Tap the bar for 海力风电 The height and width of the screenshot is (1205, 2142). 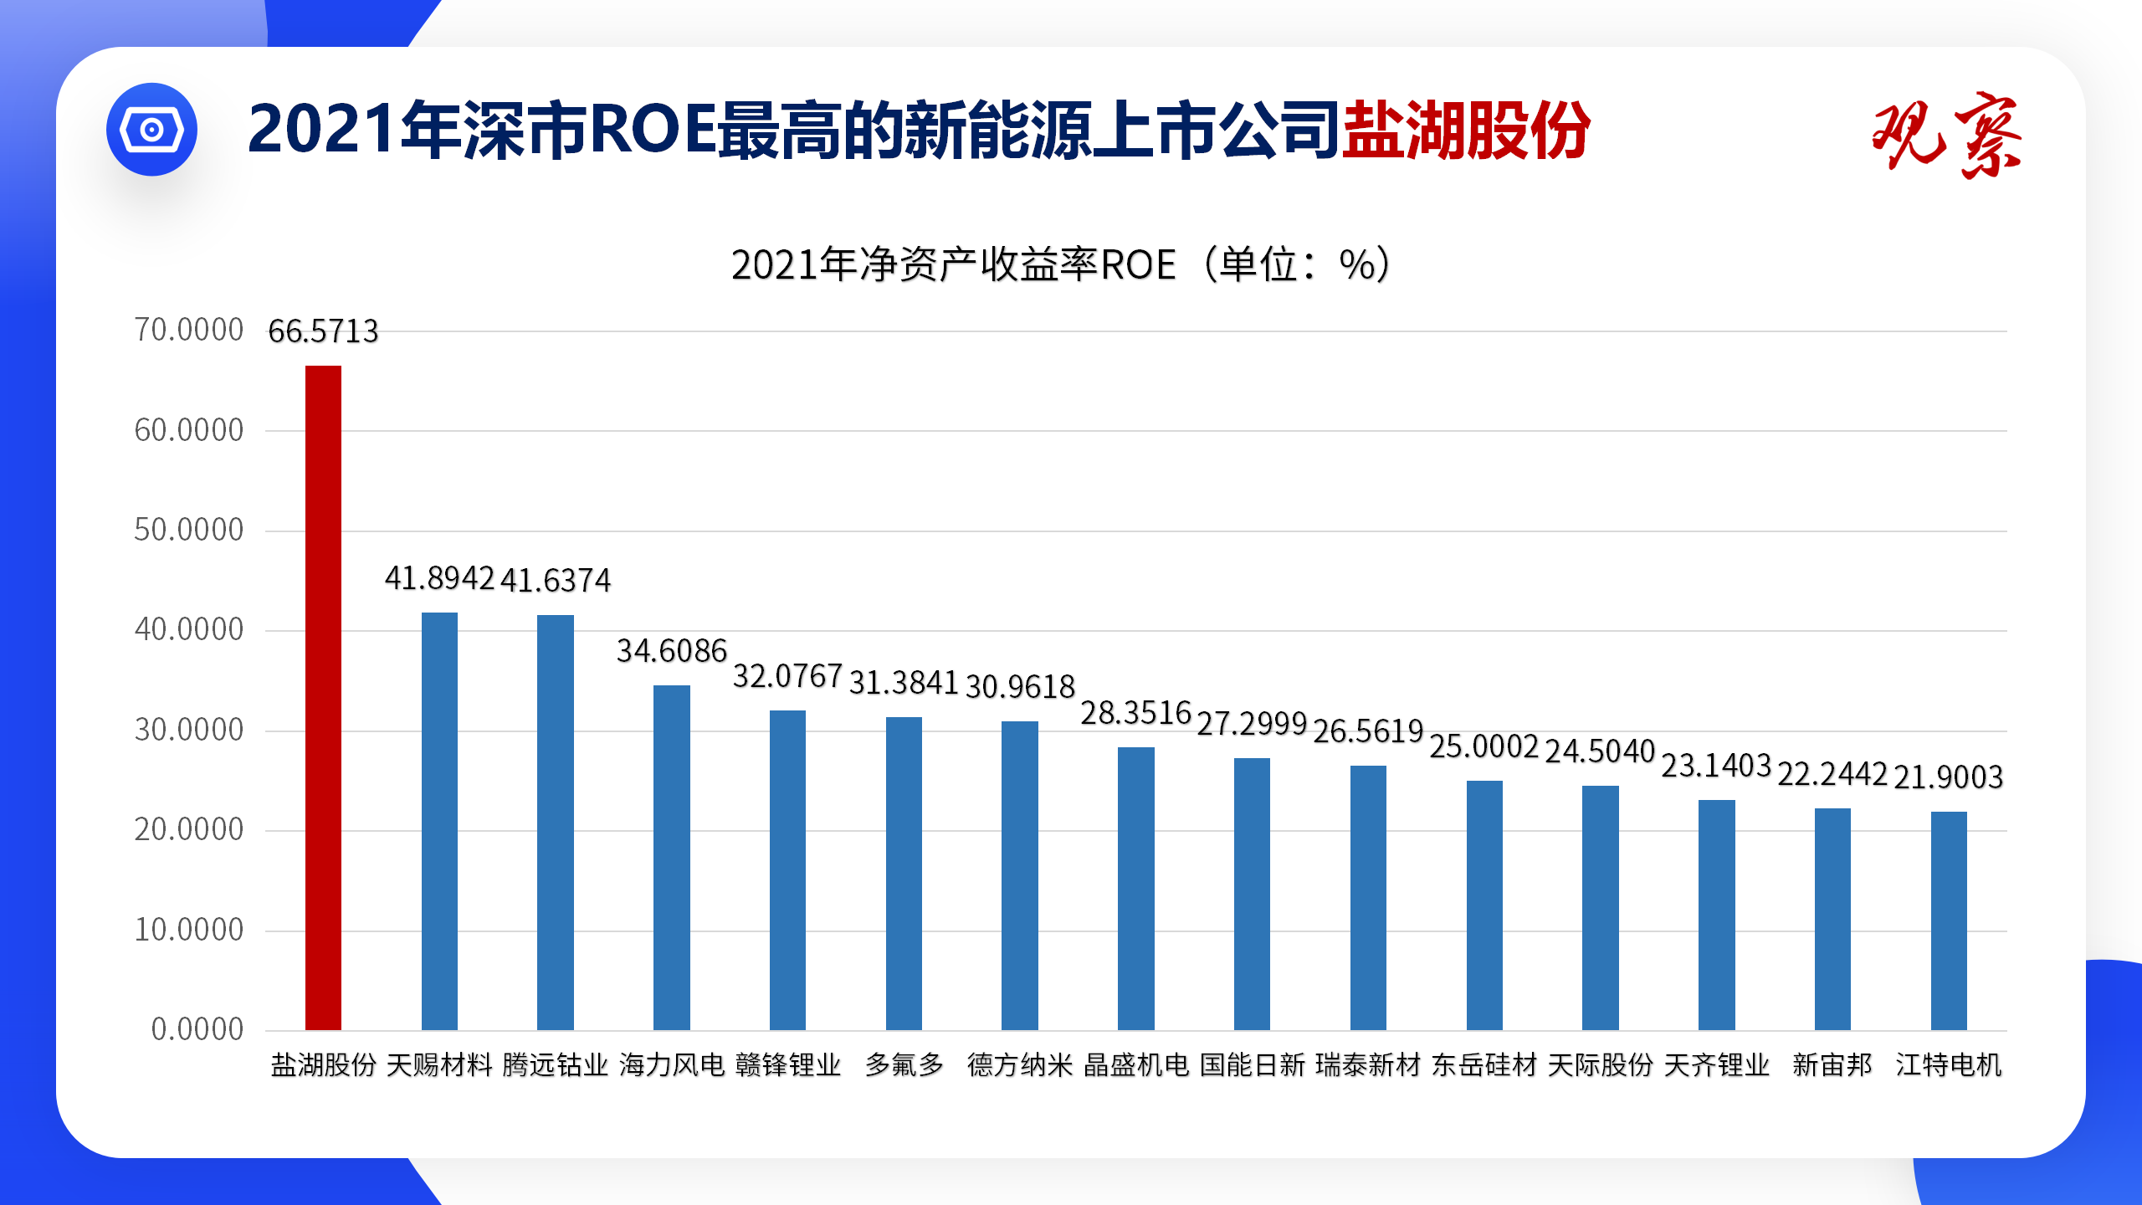click(x=672, y=857)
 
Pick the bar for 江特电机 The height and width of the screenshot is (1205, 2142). click(x=1949, y=920)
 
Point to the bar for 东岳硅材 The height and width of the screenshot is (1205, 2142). click(x=1484, y=905)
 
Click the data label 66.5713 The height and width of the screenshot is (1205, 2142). click(x=323, y=331)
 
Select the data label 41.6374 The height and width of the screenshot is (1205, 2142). click(x=556, y=580)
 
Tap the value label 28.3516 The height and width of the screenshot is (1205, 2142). click(x=1135, y=713)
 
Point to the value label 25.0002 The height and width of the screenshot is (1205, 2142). click(x=1484, y=746)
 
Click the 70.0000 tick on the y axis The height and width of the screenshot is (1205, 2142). click(x=189, y=330)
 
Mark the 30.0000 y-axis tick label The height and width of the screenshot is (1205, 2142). click(x=189, y=730)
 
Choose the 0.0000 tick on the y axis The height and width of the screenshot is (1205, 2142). click(x=197, y=1029)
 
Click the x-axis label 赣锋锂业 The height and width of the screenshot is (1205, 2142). click(x=788, y=1064)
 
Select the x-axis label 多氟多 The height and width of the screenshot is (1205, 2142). click(x=904, y=1064)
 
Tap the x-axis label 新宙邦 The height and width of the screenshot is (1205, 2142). click(x=1832, y=1064)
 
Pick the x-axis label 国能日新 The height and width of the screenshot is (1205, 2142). click(x=1252, y=1064)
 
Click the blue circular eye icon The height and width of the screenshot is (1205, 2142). click(x=151, y=130)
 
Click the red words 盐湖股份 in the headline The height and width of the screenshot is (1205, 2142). click(x=1466, y=130)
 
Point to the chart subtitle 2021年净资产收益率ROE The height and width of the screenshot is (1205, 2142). click(x=954, y=264)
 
